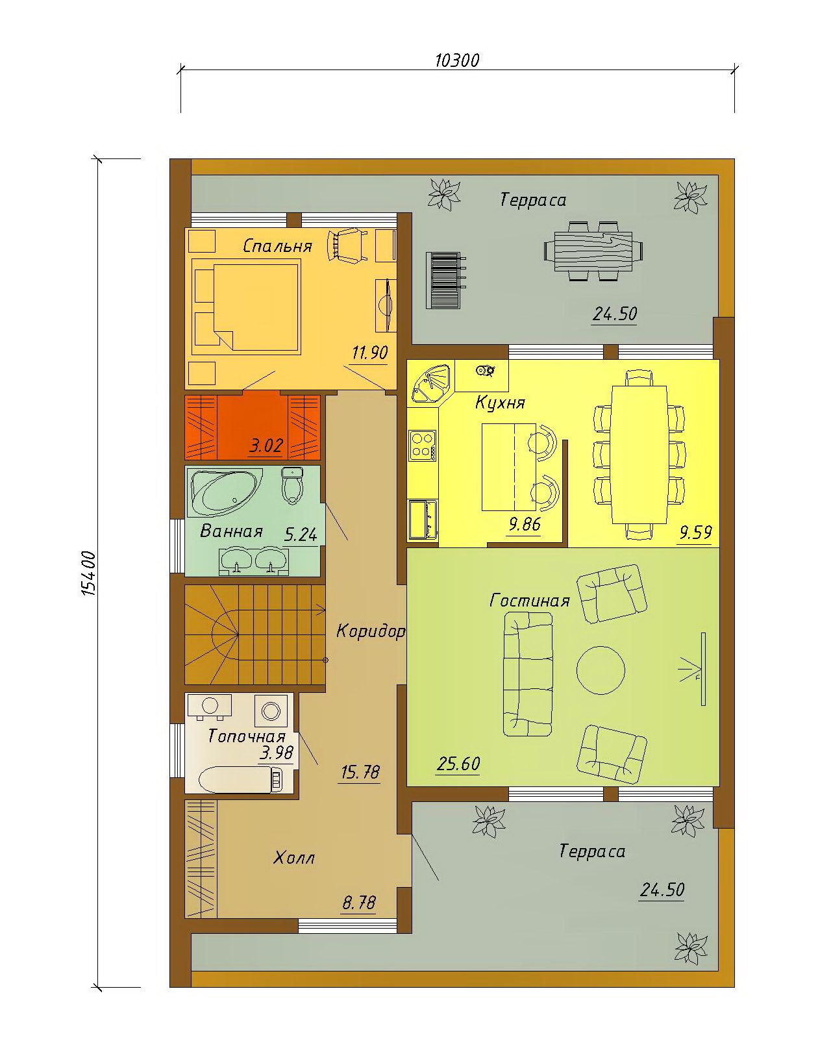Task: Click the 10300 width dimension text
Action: coord(456,60)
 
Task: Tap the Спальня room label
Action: coord(277,246)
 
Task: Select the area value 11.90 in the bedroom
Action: coord(369,353)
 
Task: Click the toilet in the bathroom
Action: coord(291,486)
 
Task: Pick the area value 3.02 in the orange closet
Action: coord(266,445)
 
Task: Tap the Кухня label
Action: coord(500,402)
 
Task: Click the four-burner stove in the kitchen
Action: coord(423,445)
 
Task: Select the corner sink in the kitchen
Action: coord(431,383)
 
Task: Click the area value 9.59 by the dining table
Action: coord(696,532)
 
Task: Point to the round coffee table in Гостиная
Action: coord(601,670)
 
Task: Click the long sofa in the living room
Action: coord(528,674)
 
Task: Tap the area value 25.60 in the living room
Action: coord(458,764)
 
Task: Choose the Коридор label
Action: coord(370,631)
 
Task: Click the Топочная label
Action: coord(247,736)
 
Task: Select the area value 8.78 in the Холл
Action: coord(359,903)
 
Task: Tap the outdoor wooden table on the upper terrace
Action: coord(593,251)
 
